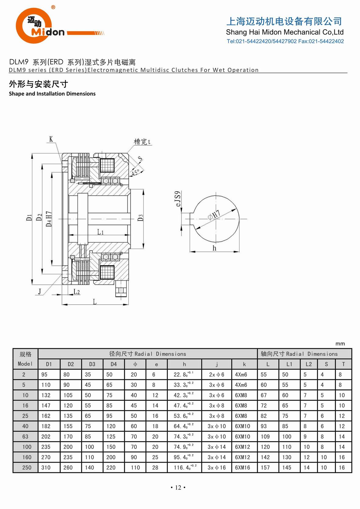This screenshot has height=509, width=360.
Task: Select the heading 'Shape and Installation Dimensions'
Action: [x=52, y=94]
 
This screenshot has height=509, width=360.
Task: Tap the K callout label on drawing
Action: [x=51, y=139]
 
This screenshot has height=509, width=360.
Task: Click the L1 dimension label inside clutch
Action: [x=100, y=232]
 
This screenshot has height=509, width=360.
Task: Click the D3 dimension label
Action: [x=140, y=218]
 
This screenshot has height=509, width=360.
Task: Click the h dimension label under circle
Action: [x=214, y=248]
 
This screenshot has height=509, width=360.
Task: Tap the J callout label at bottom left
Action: [x=40, y=291]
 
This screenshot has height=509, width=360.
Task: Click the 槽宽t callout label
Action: [x=142, y=142]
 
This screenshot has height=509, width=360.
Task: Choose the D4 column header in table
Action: [x=113, y=364]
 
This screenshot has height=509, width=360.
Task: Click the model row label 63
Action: [x=25, y=437]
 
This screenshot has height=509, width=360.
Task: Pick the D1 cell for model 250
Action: [x=46, y=467]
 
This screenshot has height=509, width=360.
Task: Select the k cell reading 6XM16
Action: [x=242, y=467]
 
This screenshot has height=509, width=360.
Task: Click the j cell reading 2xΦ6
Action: [x=216, y=374]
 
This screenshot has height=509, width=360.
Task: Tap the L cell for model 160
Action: [x=265, y=457]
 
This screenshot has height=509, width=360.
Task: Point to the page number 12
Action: [x=178, y=488]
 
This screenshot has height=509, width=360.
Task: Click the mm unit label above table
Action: [x=340, y=344]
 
